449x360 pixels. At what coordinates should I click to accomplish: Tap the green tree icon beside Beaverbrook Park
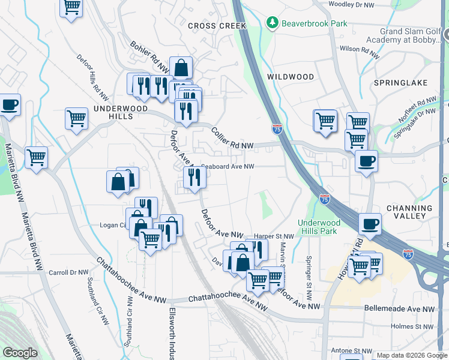273,23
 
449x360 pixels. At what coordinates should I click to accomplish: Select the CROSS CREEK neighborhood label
217,26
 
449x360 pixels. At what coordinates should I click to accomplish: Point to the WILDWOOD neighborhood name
291,77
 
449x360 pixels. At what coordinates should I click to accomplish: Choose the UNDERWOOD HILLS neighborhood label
113,112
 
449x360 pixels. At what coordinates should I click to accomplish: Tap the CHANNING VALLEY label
406,212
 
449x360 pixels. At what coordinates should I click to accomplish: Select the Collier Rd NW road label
232,137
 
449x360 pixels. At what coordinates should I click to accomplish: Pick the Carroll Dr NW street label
69,272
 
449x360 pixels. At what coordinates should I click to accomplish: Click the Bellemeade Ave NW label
399,308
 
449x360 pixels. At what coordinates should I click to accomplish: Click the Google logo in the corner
20,353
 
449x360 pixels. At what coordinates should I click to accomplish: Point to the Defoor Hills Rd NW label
92,77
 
